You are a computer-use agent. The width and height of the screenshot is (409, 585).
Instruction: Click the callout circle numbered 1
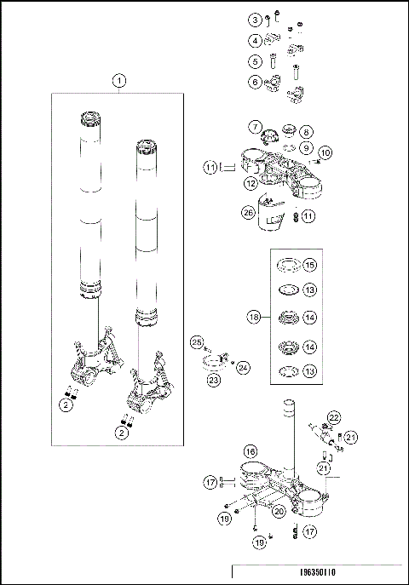pos(120,81)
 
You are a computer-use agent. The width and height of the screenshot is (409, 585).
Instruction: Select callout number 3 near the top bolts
pos(255,20)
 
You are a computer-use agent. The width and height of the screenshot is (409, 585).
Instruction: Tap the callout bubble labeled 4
pos(255,40)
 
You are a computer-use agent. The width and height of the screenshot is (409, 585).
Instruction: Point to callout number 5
pos(255,61)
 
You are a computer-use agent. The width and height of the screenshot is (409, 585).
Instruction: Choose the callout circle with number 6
pos(255,82)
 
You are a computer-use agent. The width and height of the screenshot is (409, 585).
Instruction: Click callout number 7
pos(255,128)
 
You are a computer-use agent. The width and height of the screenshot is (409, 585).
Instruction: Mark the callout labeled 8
pos(307,132)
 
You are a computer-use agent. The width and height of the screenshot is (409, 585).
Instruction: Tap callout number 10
pos(325,152)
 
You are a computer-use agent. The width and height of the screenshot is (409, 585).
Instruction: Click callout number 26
pos(248,213)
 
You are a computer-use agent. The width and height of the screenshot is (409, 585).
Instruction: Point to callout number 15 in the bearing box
pos(309,264)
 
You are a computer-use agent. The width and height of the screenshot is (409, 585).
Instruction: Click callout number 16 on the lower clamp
pos(250,452)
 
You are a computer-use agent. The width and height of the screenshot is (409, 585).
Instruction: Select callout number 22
pos(335,416)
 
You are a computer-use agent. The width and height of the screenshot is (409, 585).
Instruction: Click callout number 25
pos(196,341)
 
